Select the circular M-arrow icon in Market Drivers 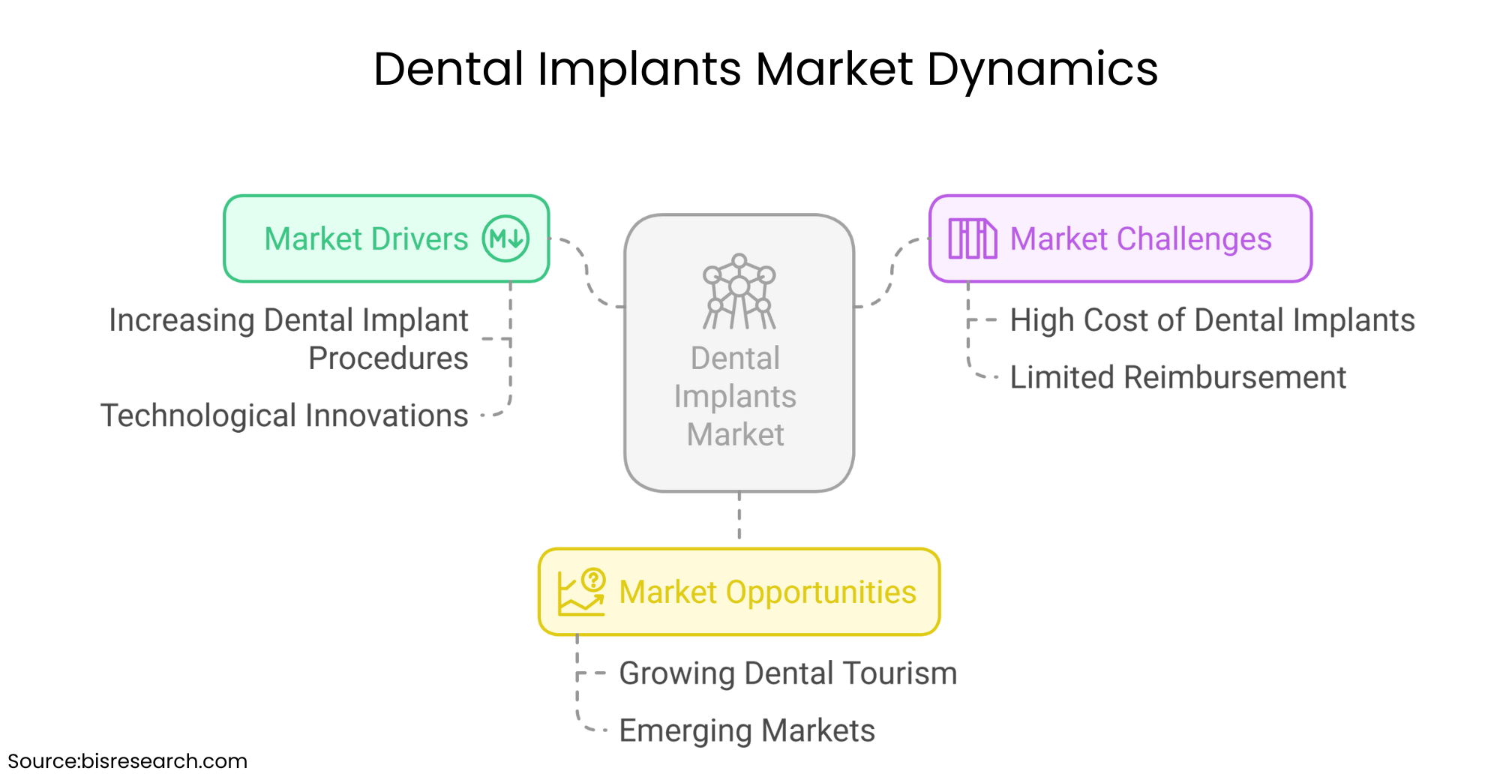point(505,239)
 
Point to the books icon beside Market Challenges point(972,239)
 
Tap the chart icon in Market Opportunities point(581,592)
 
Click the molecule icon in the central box point(739,292)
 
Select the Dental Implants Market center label point(735,396)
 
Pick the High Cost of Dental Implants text point(1212,320)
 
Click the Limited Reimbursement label point(1177,377)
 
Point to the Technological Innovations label point(284,415)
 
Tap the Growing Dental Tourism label point(787,673)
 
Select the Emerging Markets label point(747,730)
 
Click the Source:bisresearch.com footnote point(127,761)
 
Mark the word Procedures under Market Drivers point(388,358)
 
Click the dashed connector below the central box point(739,517)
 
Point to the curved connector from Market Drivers point(587,274)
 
